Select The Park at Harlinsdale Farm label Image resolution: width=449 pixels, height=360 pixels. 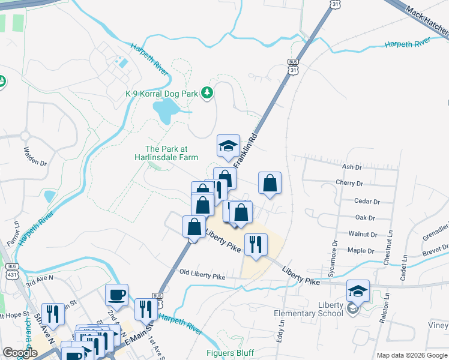[x=171, y=153]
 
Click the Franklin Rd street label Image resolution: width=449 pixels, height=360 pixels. [x=247, y=144]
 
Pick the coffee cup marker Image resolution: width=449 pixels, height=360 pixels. [x=116, y=295]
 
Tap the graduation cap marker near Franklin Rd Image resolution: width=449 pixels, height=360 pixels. [x=228, y=146]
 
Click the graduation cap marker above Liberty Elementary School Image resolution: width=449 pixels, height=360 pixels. [x=358, y=291]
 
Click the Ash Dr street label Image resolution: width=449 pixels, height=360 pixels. [x=351, y=167]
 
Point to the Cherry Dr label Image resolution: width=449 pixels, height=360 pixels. [x=350, y=184]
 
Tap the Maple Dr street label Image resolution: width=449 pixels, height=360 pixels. [x=361, y=251]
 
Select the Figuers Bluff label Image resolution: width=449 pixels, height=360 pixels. [x=230, y=353]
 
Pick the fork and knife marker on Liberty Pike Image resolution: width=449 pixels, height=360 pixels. [x=256, y=244]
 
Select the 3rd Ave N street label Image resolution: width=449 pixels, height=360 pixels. [x=40, y=278]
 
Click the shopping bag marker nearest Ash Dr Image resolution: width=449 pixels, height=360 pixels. [x=270, y=183]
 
